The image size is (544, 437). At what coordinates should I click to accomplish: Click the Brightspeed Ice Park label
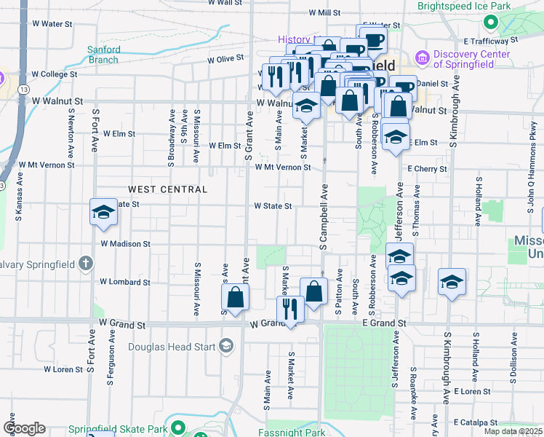pyautogui.click(x=461, y=6)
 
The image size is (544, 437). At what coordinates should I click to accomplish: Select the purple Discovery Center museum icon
pyautogui.click(x=421, y=57)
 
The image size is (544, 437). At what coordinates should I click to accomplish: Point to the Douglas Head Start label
pyautogui.click(x=172, y=347)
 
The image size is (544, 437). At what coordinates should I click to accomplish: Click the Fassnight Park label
pyautogui.click(x=292, y=433)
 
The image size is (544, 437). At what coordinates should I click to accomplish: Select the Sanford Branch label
pyautogui.click(x=104, y=55)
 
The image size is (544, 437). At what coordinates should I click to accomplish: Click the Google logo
pyautogui.click(x=24, y=428)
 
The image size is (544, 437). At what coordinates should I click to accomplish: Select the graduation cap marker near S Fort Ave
pyautogui.click(x=103, y=213)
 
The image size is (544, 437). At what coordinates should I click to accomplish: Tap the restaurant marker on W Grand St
pyautogui.click(x=289, y=310)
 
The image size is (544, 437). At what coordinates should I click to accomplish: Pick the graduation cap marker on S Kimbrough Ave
pyautogui.click(x=452, y=282)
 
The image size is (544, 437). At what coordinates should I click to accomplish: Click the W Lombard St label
pyautogui.click(x=124, y=281)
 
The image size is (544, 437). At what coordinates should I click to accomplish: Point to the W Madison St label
pyautogui.click(x=125, y=244)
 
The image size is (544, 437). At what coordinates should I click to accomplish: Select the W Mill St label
pyautogui.click(x=324, y=12)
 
